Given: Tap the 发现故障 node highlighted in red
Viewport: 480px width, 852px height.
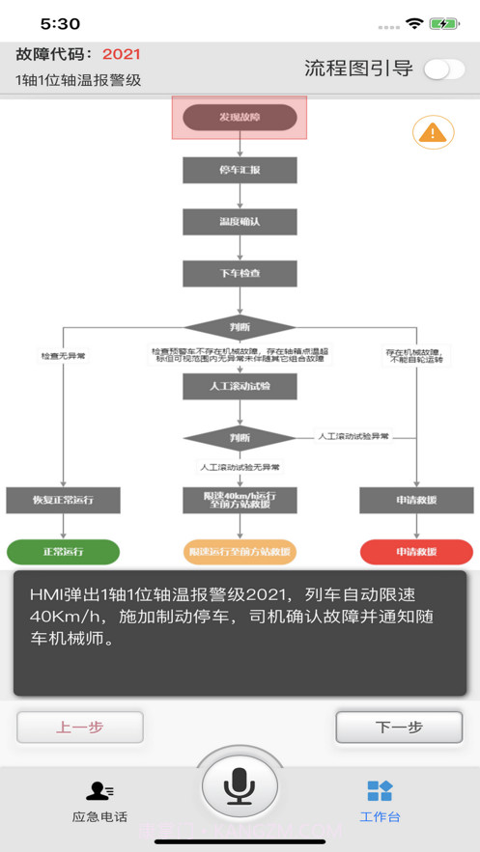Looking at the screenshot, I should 240,118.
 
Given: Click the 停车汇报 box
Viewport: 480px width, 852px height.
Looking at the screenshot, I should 240,170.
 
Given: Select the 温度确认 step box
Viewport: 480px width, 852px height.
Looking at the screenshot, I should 240,221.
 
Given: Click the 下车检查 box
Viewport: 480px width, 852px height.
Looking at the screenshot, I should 240,273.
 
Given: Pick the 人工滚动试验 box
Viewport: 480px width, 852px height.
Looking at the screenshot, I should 240,386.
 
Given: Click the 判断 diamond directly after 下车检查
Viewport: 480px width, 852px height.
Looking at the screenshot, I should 240,326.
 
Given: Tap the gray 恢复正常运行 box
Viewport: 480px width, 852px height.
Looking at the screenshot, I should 63,500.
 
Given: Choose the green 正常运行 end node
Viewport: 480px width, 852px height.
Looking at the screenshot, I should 63,552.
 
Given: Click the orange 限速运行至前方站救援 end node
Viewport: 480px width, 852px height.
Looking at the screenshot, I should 240,552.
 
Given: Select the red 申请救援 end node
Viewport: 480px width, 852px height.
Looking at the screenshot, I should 416,552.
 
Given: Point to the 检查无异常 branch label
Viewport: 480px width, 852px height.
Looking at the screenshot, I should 63,356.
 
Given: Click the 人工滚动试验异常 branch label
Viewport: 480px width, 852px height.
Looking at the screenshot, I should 353,436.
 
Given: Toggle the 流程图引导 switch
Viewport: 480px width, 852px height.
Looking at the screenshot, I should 443,69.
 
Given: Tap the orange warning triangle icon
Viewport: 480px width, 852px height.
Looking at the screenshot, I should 433,132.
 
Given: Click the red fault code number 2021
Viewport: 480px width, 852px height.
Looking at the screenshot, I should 122,54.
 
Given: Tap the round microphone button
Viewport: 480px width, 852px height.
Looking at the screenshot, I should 240,787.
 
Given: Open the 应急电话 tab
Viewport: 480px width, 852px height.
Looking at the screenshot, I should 99,801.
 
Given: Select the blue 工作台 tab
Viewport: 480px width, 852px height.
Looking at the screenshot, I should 380,801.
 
